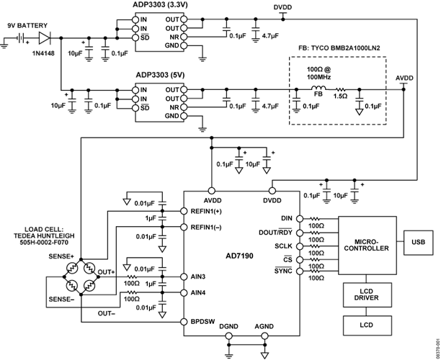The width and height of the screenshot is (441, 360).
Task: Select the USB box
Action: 417,242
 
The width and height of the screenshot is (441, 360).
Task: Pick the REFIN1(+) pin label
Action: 207,212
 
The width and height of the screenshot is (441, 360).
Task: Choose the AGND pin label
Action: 264,328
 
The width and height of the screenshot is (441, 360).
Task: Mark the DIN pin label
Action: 286,217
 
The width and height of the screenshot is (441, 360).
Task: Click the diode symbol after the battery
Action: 44,35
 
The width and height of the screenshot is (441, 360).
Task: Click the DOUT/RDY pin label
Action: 275,231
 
